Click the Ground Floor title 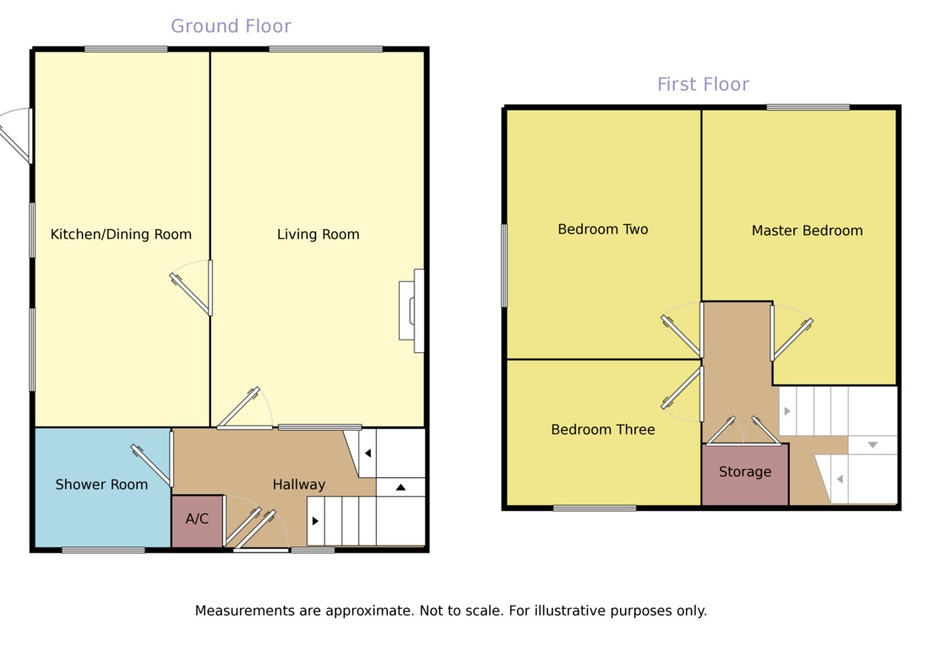231,26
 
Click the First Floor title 703,84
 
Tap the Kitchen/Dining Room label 121,235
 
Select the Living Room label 318,235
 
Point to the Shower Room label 101,485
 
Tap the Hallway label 298,485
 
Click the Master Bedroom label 807,231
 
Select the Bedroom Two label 602,230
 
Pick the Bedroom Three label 602,430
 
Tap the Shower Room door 153,465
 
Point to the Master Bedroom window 808,107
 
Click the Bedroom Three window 595,508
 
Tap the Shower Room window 103,551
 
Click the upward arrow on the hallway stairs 400,487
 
